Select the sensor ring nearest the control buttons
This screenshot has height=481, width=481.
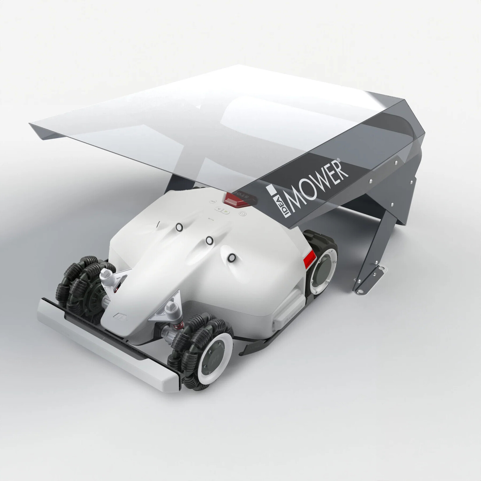(x=179, y=227)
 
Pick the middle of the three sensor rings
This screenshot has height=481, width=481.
(x=209, y=240)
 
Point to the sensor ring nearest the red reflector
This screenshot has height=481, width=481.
(x=231, y=257)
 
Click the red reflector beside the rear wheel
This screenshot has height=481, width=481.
(x=310, y=259)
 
